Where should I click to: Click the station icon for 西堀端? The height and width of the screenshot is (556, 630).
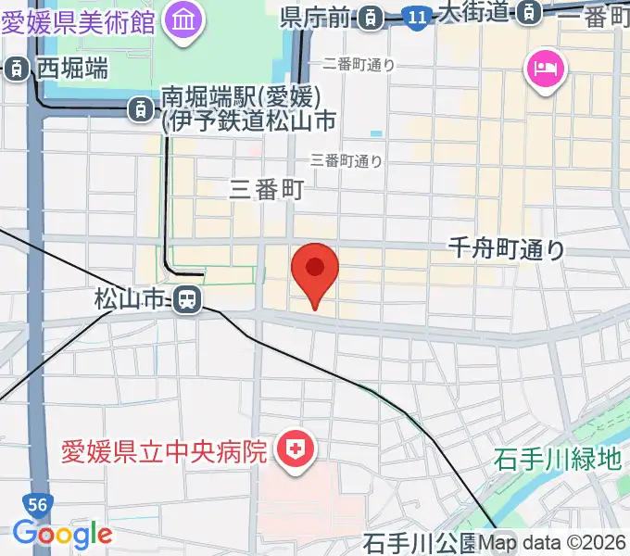[x=17, y=68]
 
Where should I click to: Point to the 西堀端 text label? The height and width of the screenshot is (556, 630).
[x=72, y=68]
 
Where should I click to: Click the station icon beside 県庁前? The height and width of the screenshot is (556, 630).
[x=371, y=16]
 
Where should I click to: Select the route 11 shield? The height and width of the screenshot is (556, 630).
[x=417, y=16]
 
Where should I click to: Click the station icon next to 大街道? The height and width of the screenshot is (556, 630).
[x=529, y=13]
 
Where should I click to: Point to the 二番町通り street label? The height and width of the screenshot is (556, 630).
[x=359, y=65]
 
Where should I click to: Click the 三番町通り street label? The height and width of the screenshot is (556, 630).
[x=347, y=160]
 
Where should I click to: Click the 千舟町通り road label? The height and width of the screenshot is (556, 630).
[x=506, y=247]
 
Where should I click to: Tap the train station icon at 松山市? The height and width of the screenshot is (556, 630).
[x=186, y=298]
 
